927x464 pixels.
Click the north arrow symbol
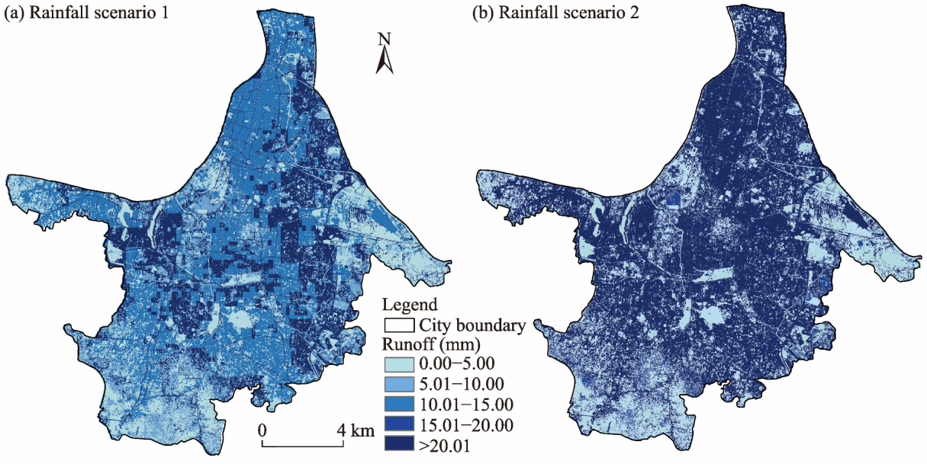pyautogui.click(x=385, y=60)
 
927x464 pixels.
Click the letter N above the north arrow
pyautogui.click(x=385, y=39)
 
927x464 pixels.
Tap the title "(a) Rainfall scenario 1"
pyautogui.click(x=86, y=13)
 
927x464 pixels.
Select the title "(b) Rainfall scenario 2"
pyautogui.click(x=555, y=13)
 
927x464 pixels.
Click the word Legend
pyautogui.click(x=409, y=305)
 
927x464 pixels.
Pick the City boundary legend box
pyautogui.click(x=399, y=325)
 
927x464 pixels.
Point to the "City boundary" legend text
pyautogui.click(x=472, y=325)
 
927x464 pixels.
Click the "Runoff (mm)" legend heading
pyautogui.click(x=431, y=344)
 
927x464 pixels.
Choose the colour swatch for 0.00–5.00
pyautogui.click(x=399, y=364)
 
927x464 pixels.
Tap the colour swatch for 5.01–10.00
pyautogui.click(x=399, y=384)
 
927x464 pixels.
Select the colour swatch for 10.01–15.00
pyautogui.click(x=399, y=404)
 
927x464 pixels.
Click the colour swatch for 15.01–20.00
pyautogui.click(x=399, y=424)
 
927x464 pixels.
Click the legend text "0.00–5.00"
pyautogui.click(x=457, y=364)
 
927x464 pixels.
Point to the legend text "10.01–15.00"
pyautogui.click(x=466, y=405)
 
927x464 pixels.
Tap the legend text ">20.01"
pyautogui.click(x=445, y=446)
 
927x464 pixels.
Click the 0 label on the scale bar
pyautogui.click(x=262, y=430)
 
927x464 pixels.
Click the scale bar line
pyautogui.click(x=303, y=446)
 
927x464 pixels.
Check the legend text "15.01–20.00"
pyautogui.click(x=466, y=425)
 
